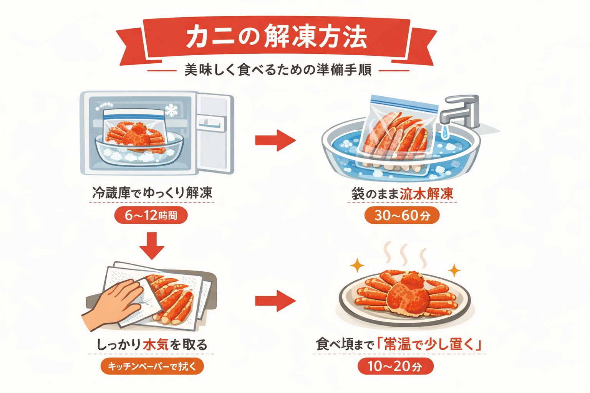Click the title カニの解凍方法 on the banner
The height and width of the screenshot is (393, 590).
(x=277, y=38)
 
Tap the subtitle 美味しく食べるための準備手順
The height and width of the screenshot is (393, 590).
(x=278, y=70)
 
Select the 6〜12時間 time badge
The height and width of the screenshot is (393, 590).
(x=151, y=215)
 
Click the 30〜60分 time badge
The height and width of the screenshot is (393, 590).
(x=402, y=215)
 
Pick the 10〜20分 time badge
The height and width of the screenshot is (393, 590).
(x=395, y=366)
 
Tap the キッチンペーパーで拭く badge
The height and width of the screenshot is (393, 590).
(x=152, y=366)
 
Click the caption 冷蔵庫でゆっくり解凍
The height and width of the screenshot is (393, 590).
(x=152, y=193)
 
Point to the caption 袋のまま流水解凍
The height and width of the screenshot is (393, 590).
(x=402, y=194)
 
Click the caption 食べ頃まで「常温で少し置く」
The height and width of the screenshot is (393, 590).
(x=399, y=344)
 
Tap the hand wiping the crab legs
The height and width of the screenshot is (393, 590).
(x=115, y=303)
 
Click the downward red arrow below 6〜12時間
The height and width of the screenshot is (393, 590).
(x=152, y=246)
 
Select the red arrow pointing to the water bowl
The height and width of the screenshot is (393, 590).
(x=275, y=140)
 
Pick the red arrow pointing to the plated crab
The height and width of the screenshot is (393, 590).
(x=275, y=301)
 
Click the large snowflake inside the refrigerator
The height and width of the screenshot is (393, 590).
(x=171, y=110)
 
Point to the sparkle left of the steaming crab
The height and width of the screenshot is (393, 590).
(x=357, y=265)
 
